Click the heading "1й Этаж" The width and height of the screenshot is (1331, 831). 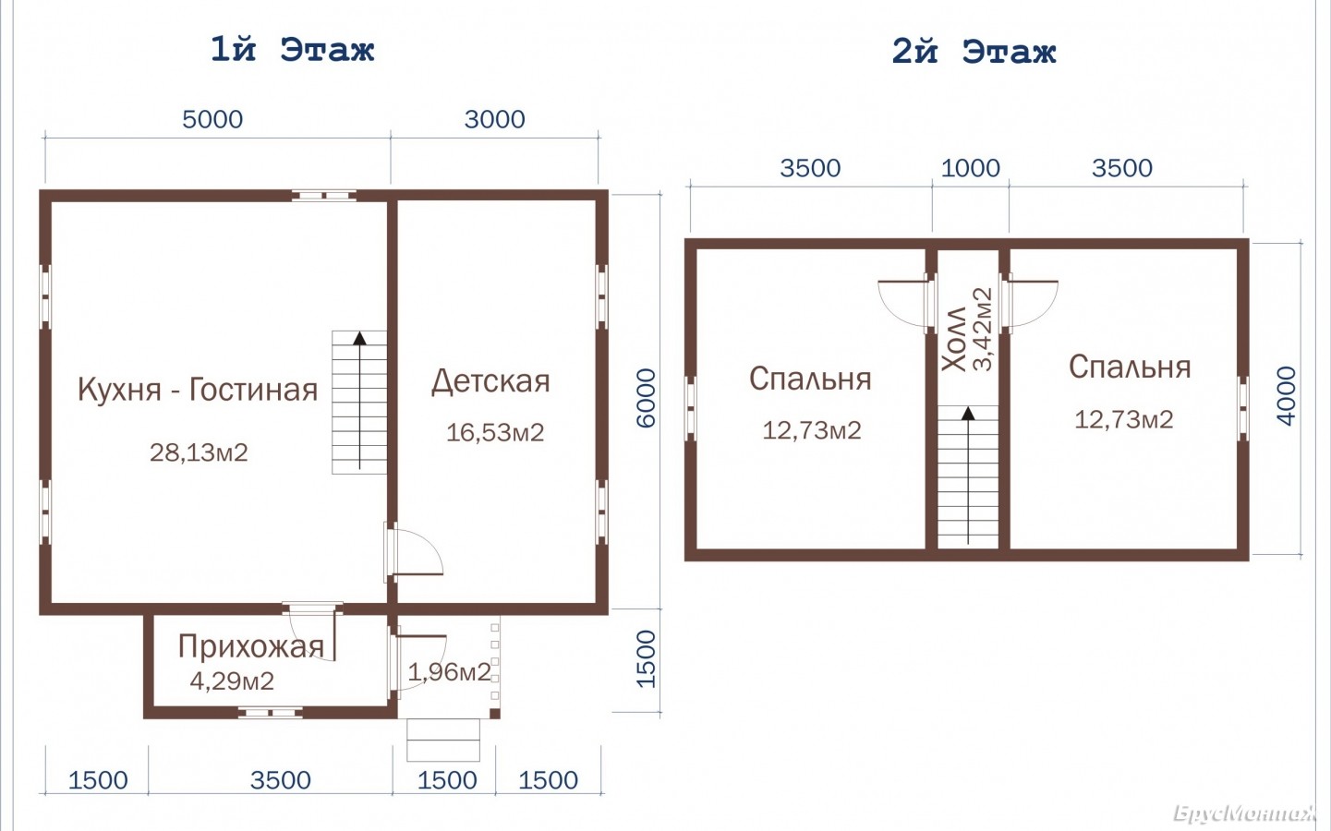click(293, 50)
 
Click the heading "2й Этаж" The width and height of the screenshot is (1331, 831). click(974, 52)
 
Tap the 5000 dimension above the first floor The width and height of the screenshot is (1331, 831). click(212, 119)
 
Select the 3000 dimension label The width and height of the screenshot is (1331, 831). click(494, 119)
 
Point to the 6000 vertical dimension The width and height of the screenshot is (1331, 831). click(646, 398)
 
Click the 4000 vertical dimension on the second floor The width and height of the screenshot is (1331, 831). click(1286, 395)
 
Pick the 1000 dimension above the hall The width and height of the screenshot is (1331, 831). click(971, 168)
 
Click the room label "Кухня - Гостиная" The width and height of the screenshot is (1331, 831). click(198, 390)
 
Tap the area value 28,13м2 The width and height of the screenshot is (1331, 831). click(199, 452)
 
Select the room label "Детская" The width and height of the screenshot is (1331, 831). click(490, 381)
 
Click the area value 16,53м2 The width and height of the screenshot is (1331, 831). click(495, 432)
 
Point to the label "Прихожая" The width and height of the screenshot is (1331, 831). click(250, 647)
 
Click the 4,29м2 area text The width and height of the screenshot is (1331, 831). click(232, 680)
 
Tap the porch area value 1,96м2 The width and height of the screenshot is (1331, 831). click(449, 672)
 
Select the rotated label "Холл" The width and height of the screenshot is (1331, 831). click(954, 339)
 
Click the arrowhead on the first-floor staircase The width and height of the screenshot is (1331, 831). click(359, 339)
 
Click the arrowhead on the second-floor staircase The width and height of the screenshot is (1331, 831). click(969, 414)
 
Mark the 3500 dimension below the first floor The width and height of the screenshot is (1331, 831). click(281, 780)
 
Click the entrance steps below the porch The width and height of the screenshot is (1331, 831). click(443, 740)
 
